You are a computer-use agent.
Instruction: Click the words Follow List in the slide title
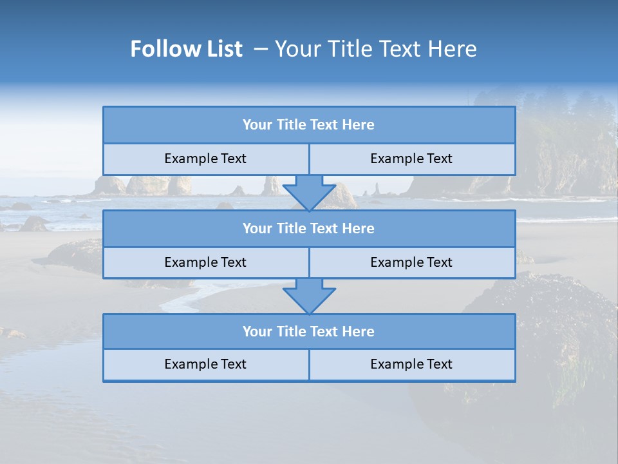click(186, 49)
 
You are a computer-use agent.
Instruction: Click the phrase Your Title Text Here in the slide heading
click(375, 49)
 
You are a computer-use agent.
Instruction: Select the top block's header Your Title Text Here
click(308, 125)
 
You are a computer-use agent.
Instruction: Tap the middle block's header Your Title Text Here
click(308, 228)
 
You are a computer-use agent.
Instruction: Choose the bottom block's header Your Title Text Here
click(308, 331)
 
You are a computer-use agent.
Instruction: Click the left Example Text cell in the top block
click(205, 159)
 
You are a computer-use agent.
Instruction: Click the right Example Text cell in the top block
click(411, 159)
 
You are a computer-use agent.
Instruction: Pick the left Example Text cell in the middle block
click(205, 262)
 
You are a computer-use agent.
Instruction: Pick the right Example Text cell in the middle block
click(411, 262)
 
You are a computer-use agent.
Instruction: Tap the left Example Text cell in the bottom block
click(205, 364)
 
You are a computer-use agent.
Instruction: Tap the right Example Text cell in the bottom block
click(411, 364)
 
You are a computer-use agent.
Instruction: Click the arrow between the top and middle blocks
click(309, 193)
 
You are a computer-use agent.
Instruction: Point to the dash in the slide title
click(261, 49)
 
